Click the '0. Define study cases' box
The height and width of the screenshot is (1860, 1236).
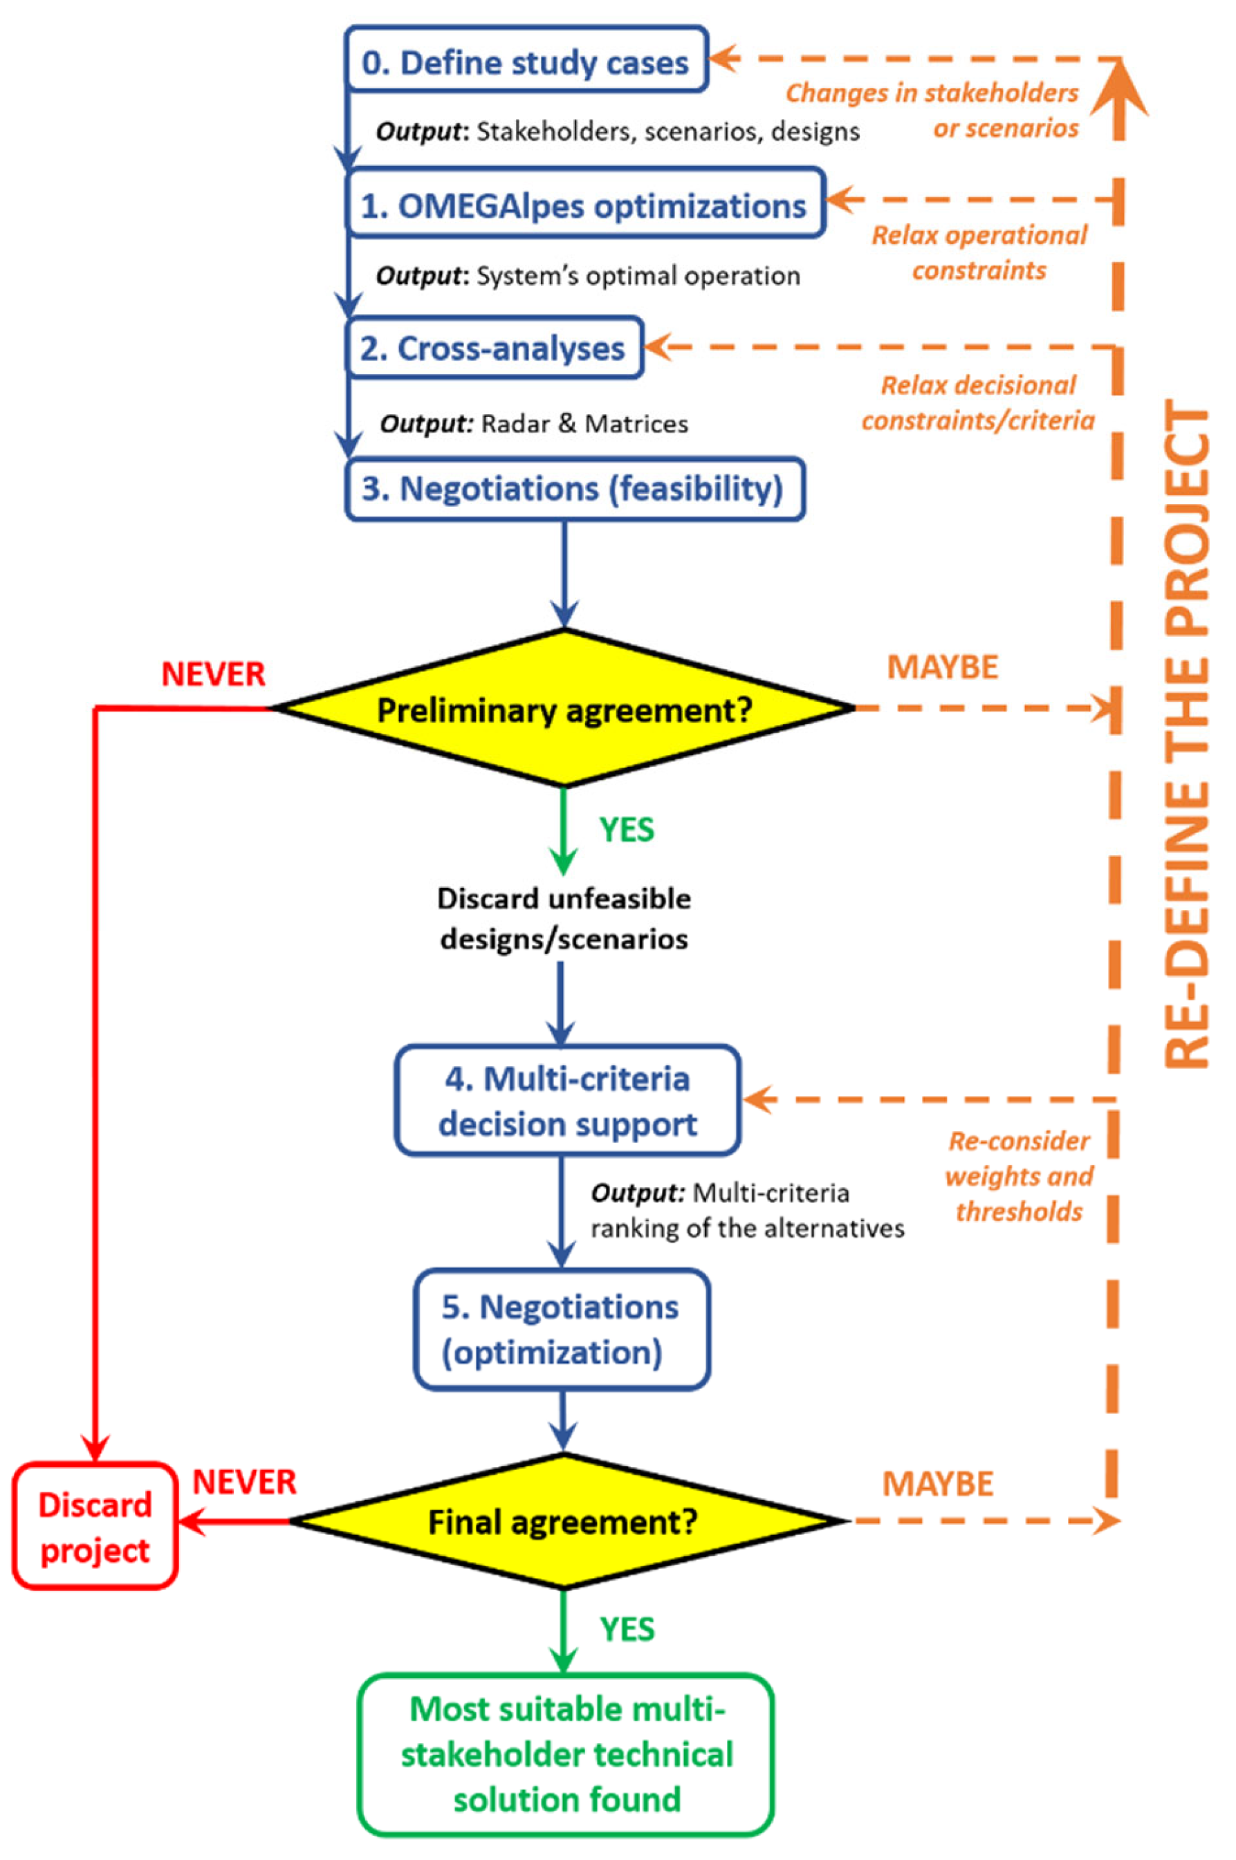(526, 62)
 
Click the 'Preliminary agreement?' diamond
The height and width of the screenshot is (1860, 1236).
(564, 709)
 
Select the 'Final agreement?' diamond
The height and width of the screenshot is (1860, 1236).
(564, 1521)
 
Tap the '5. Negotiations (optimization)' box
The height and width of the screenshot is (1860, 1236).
(561, 1329)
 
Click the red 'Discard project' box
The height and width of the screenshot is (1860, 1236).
(95, 1527)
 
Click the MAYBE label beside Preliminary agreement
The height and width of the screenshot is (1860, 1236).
(942, 667)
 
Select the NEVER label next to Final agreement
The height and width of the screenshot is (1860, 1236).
(244, 1482)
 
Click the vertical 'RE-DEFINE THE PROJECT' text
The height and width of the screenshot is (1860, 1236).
(1186, 736)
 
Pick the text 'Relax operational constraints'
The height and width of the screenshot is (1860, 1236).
(979, 253)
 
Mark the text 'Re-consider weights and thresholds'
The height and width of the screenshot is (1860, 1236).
(1020, 1176)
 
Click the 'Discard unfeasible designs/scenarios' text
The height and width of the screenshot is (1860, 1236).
(564, 918)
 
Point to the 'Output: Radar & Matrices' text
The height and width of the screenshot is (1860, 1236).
(534, 424)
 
